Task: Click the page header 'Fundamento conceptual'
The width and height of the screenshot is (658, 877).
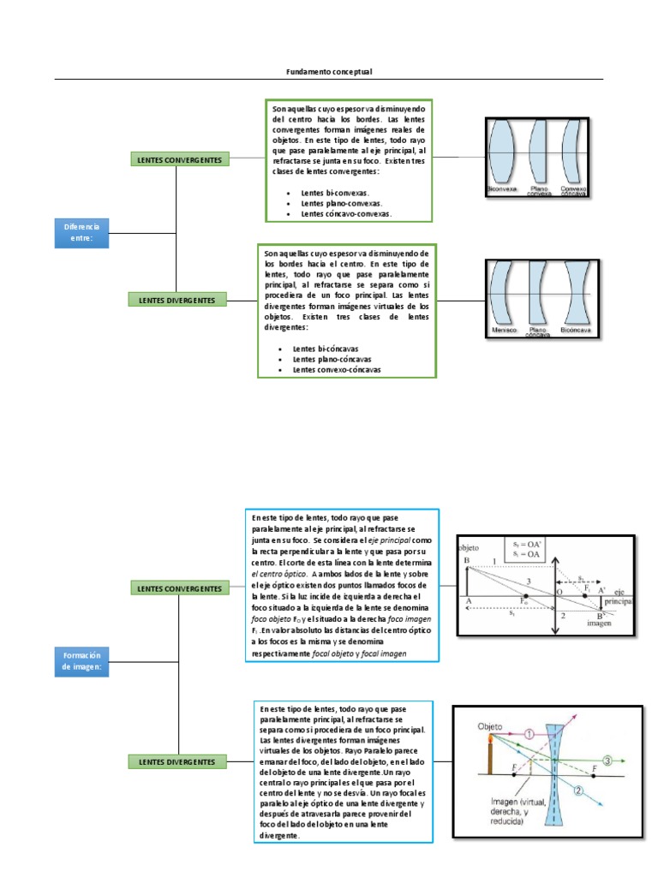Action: pos(329,72)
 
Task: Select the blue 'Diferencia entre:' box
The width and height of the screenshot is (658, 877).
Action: pos(81,233)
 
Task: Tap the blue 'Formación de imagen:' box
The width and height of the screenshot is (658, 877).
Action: pos(81,661)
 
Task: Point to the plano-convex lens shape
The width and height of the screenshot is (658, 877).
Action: pos(538,151)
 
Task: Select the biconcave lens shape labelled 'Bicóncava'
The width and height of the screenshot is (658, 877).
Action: pos(574,295)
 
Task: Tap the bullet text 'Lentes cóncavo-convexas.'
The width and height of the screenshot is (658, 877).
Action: pos(345,214)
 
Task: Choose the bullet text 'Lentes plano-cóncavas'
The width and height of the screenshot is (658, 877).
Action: pos(332,360)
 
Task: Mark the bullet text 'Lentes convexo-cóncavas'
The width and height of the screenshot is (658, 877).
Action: pos(336,370)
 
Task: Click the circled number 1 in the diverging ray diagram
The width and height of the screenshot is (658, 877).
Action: pos(530,733)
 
